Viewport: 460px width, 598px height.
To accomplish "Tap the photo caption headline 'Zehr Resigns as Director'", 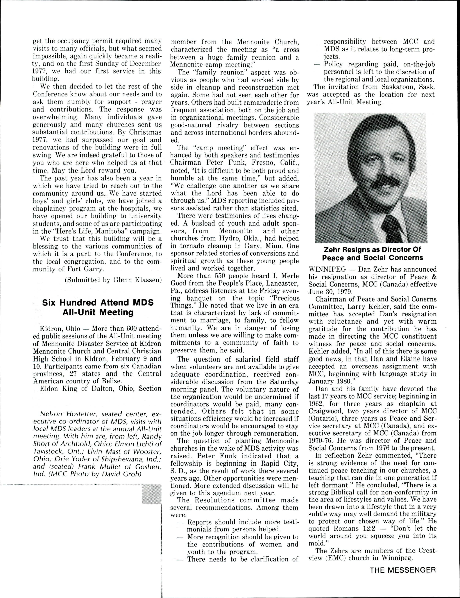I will coord(372,253).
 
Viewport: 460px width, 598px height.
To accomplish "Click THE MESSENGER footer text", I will coord(402,570).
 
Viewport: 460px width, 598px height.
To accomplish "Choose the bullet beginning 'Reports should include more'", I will coord(237,522).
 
